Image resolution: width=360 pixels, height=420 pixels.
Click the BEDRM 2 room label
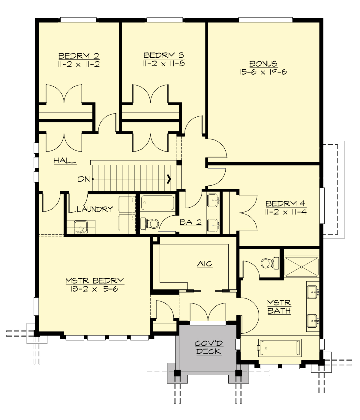pos(79,56)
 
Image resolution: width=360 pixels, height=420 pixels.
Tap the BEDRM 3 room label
pos(164,55)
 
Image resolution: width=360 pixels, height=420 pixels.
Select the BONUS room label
pos(263,64)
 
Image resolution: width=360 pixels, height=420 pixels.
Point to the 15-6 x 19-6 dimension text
pos(263,72)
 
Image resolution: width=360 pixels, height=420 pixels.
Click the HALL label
pos(65,160)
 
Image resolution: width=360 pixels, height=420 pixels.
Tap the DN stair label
pos(84,179)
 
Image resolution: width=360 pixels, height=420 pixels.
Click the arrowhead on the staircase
pos(169,179)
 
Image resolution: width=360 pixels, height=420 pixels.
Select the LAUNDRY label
pos(95,209)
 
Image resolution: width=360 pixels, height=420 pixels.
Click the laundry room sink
pos(80,227)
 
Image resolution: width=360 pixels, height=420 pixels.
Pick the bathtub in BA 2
pos(157,203)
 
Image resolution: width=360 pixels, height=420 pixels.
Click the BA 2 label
pos(190,222)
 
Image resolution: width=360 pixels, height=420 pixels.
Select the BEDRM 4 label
pos(285,204)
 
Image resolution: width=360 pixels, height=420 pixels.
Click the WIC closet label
pos(205,264)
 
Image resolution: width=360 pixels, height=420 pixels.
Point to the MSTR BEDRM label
pos(94,281)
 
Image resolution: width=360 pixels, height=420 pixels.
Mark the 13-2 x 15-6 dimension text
pos(94,289)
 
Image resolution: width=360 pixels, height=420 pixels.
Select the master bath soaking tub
pos(280,348)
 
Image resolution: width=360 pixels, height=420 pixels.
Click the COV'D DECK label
pos(208,347)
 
